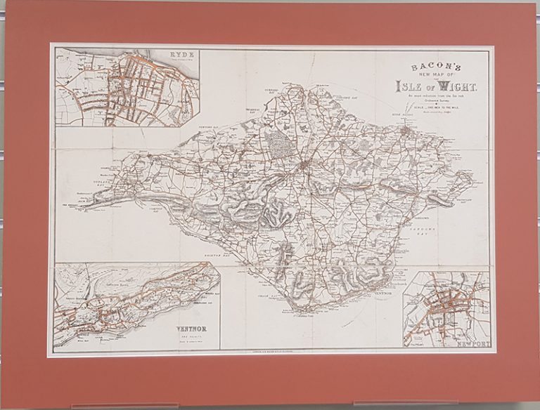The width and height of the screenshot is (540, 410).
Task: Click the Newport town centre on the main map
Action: pyautogui.click(x=305, y=166)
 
